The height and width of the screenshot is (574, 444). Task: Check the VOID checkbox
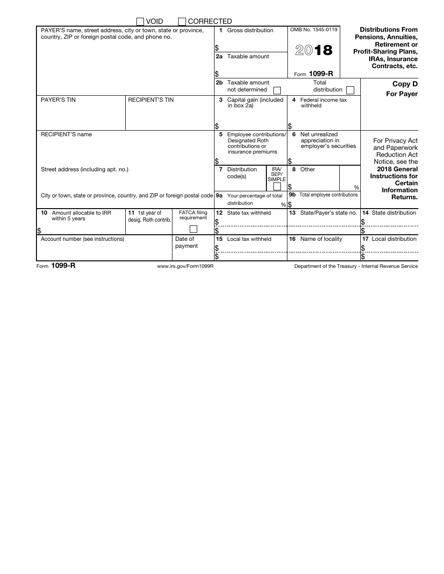(x=140, y=21)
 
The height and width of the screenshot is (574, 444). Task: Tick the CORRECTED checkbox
(x=182, y=21)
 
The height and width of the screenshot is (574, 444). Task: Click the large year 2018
(x=314, y=50)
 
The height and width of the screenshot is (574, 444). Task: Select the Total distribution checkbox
(x=350, y=90)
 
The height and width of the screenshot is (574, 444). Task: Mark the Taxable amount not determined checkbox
(x=277, y=90)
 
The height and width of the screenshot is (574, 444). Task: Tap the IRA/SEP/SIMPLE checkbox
(x=277, y=187)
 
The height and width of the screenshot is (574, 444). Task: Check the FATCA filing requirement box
(x=193, y=229)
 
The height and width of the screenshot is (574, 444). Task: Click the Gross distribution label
(x=250, y=30)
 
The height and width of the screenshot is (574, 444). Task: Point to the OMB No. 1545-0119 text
(x=314, y=30)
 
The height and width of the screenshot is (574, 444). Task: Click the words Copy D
(x=405, y=84)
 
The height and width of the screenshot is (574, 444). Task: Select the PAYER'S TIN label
(x=58, y=100)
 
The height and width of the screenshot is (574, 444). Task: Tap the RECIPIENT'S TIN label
(x=151, y=100)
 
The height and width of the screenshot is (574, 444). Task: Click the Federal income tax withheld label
(x=323, y=103)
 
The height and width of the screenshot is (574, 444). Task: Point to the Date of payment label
(x=186, y=242)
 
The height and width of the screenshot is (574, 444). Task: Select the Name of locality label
(x=321, y=239)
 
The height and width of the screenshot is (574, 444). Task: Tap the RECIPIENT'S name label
(x=66, y=134)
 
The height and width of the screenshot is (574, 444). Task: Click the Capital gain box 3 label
(x=255, y=103)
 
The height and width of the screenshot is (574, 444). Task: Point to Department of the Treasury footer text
(x=356, y=266)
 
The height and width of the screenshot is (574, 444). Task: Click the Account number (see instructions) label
(x=82, y=239)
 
